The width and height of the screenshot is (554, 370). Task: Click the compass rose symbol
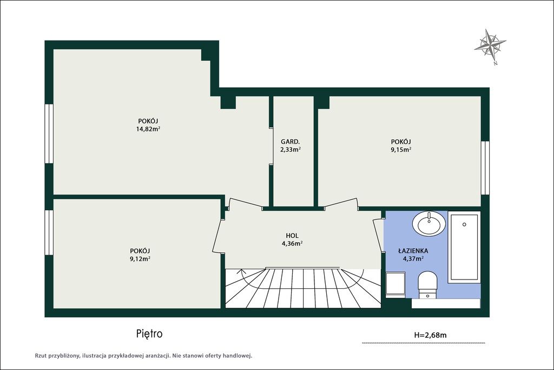[x=490, y=46]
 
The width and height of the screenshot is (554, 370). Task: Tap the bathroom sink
[x=429, y=224]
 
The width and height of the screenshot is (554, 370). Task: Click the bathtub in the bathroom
[x=464, y=247]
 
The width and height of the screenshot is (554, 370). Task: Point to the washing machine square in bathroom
[x=395, y=284]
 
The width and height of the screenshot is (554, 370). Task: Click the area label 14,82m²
[x=148, y=129]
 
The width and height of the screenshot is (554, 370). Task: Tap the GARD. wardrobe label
[x=290, y=142]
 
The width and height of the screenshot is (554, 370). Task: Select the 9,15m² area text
[x=401, y=150]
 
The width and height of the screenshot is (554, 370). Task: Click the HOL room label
[x=292, y=236]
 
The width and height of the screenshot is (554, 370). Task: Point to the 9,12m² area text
[x=140, y=258]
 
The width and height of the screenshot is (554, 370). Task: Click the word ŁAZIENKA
[x=413, y=251]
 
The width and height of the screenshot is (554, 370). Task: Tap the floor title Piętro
[x=149, y=334]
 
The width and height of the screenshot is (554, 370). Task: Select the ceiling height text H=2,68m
[x=430, y=335]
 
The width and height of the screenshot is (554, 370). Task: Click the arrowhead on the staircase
[x=242, y=271]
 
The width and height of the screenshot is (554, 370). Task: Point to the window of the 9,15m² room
[x=485, y=168]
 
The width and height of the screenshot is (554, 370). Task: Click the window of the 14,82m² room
[x=49, y=134]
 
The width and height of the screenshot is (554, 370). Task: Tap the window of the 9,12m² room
[x=49, y=232]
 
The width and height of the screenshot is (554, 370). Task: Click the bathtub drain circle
[x=464, y=224]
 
